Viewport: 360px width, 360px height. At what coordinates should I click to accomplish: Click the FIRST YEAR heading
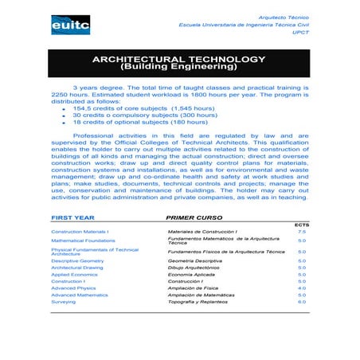[72, 217]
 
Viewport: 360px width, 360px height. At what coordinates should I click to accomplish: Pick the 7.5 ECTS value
[301, 231]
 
